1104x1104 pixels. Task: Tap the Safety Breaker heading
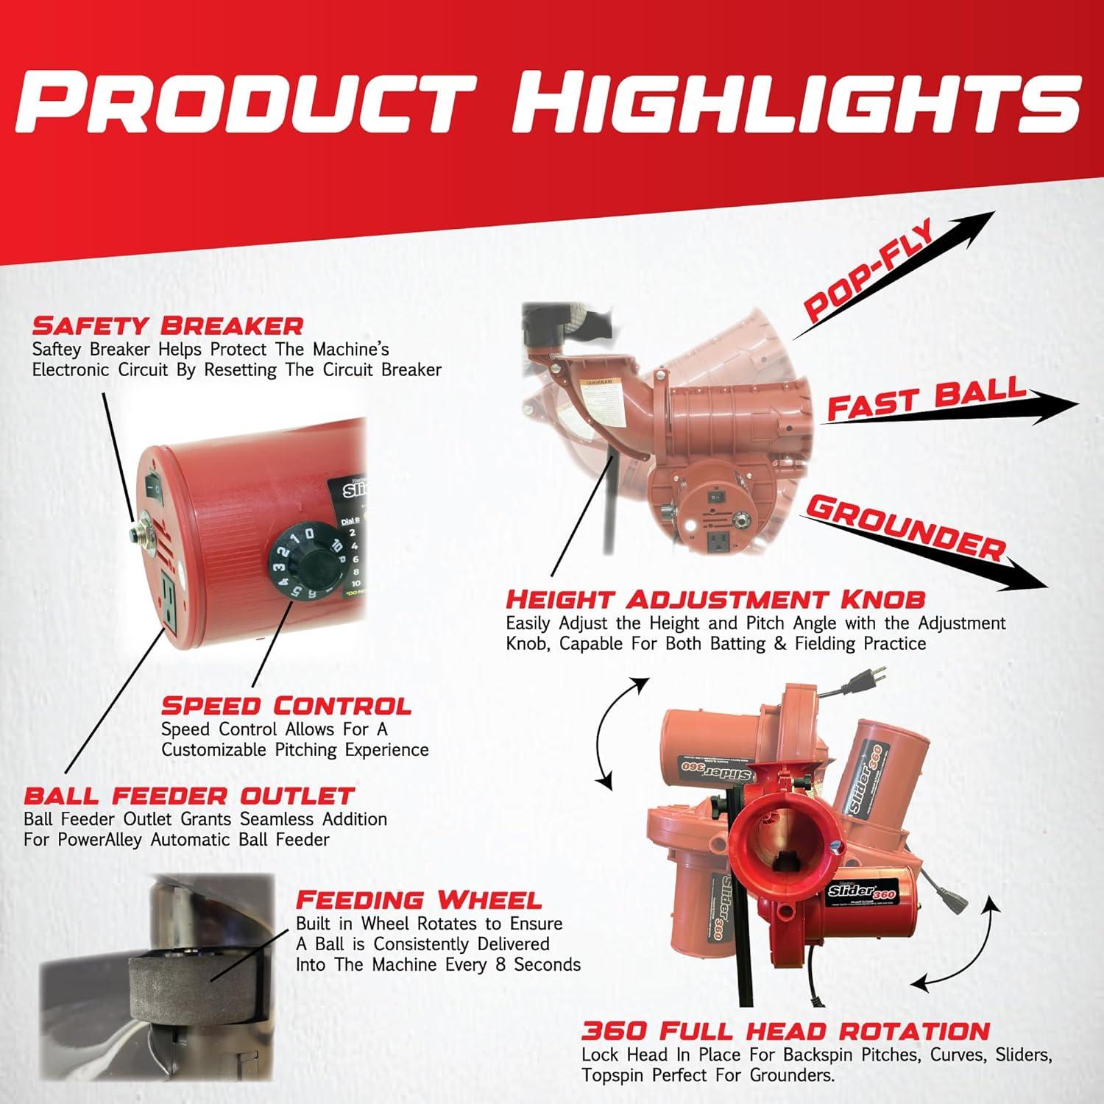coord(168,325)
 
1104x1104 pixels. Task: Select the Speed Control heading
coord(286,706)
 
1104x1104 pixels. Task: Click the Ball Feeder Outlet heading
coord(189,796)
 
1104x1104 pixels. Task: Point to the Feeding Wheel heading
coord(418,899)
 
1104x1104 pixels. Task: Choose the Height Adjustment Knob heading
coord(715,598)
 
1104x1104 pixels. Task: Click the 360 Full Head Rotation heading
coord(785,1030)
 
